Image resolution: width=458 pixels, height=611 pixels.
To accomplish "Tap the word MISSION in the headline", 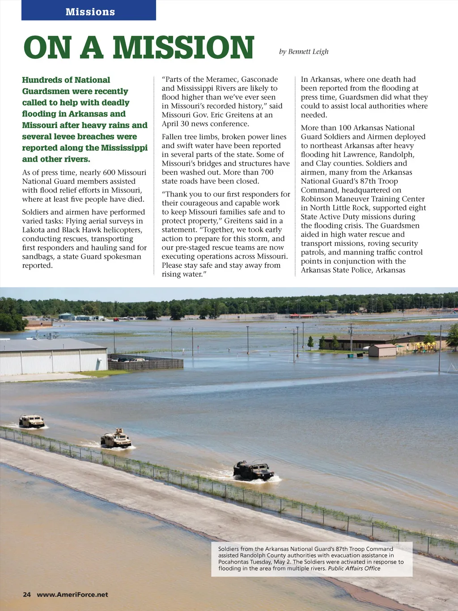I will coord(183,47).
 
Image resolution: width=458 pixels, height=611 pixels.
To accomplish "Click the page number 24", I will coord(27,594).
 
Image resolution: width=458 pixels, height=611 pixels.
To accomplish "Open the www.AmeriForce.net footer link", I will coord(72,594).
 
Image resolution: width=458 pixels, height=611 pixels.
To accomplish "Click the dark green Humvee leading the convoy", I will coord(254,470).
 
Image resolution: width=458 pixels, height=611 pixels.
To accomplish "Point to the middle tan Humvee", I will coord(116,439).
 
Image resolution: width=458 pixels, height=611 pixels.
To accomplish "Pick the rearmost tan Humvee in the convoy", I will coord(32,421).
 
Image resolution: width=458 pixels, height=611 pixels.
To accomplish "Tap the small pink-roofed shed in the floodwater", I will coord(382,350).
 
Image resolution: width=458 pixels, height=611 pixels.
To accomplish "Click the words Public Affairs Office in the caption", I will coord(354,568).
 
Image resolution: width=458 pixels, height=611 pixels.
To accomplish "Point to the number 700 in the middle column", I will coord(267,172).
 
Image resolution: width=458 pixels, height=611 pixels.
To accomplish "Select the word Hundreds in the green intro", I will coord(40,80).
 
